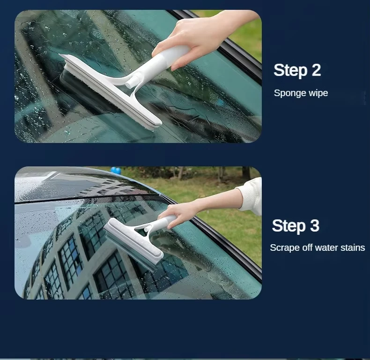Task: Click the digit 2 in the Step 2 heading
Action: click(316, 70)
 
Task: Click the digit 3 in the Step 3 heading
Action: click(315, 225)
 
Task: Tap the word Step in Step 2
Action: click(290, 70)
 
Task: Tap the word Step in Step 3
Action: click(289, 226)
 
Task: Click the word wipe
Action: click(318, 93)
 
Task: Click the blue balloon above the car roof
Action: click(116, 170)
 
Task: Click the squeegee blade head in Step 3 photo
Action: click(133, 245)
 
